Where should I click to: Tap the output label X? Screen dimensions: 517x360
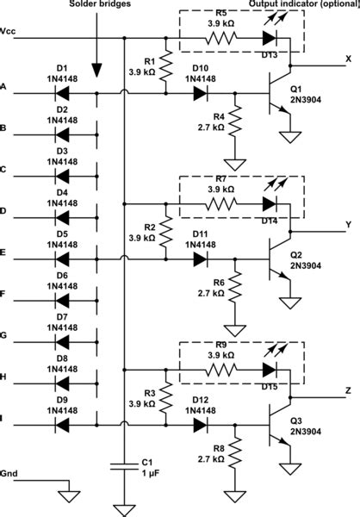348,59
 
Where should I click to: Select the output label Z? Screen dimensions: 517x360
348,390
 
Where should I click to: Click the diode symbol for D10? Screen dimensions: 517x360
200,92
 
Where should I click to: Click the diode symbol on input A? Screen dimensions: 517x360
62,92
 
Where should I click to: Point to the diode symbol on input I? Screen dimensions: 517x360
62,423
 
